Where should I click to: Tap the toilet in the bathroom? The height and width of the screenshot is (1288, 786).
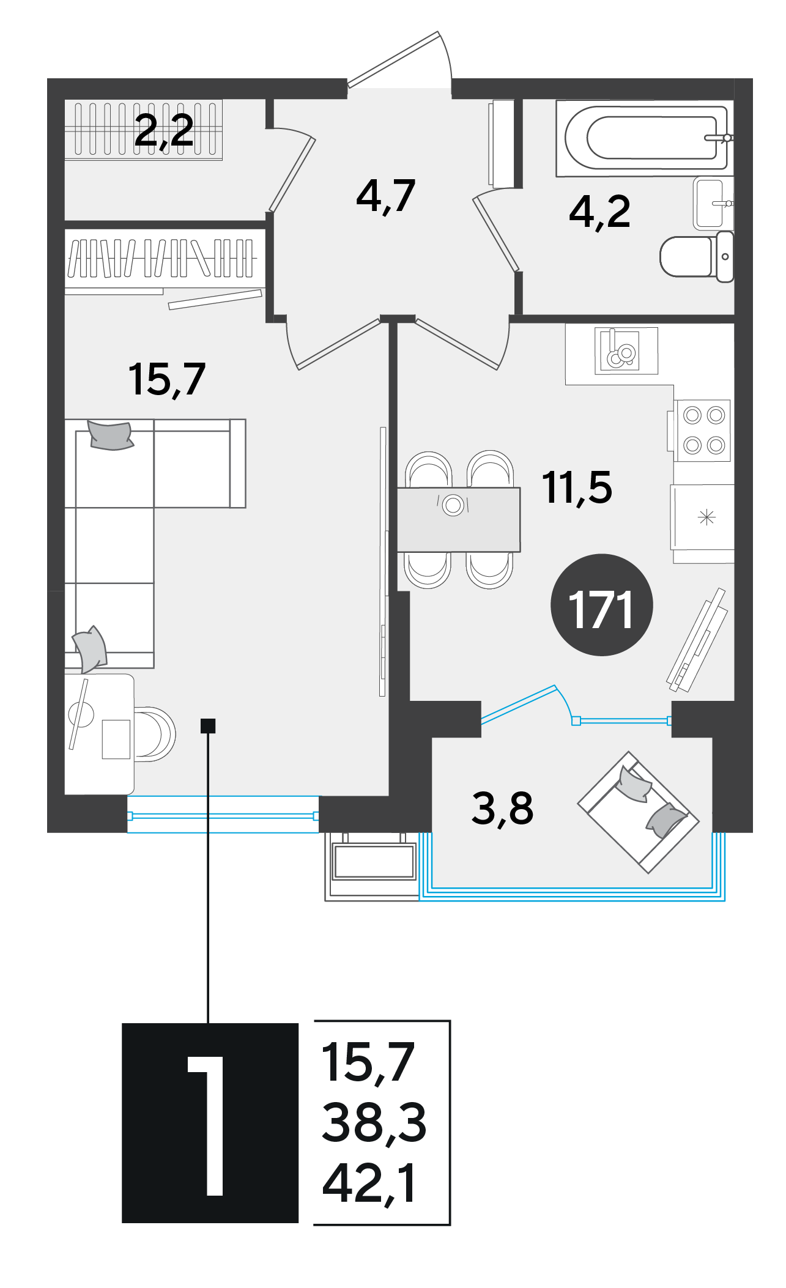point(697,256)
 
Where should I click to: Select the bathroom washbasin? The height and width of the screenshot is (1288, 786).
point(713,203)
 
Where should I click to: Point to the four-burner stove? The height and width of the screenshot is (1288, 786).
point(702,431)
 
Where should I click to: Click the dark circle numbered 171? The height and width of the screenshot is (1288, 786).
point(602,605)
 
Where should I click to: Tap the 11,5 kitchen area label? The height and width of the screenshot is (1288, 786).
point(577,488)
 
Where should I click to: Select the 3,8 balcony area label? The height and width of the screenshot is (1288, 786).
point(502,809)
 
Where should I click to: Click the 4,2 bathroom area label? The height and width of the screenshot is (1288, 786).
point(599,212)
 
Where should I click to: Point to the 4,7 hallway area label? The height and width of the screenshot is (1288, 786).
point(385,196)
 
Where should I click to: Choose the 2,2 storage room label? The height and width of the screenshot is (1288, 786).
point(164,131)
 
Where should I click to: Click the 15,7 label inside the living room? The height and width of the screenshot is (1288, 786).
point(166,380)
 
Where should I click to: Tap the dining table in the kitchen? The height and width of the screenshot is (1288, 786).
point(459,519)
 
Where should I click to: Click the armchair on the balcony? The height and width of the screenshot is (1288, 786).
point(638,812)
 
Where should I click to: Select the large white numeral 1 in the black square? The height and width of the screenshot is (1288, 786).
point(206,1126)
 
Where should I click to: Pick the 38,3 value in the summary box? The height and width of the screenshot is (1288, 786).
point(374,1122)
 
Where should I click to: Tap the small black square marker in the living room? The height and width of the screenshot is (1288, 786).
point(208,725)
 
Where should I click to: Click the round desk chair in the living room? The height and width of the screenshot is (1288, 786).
point(154,734)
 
